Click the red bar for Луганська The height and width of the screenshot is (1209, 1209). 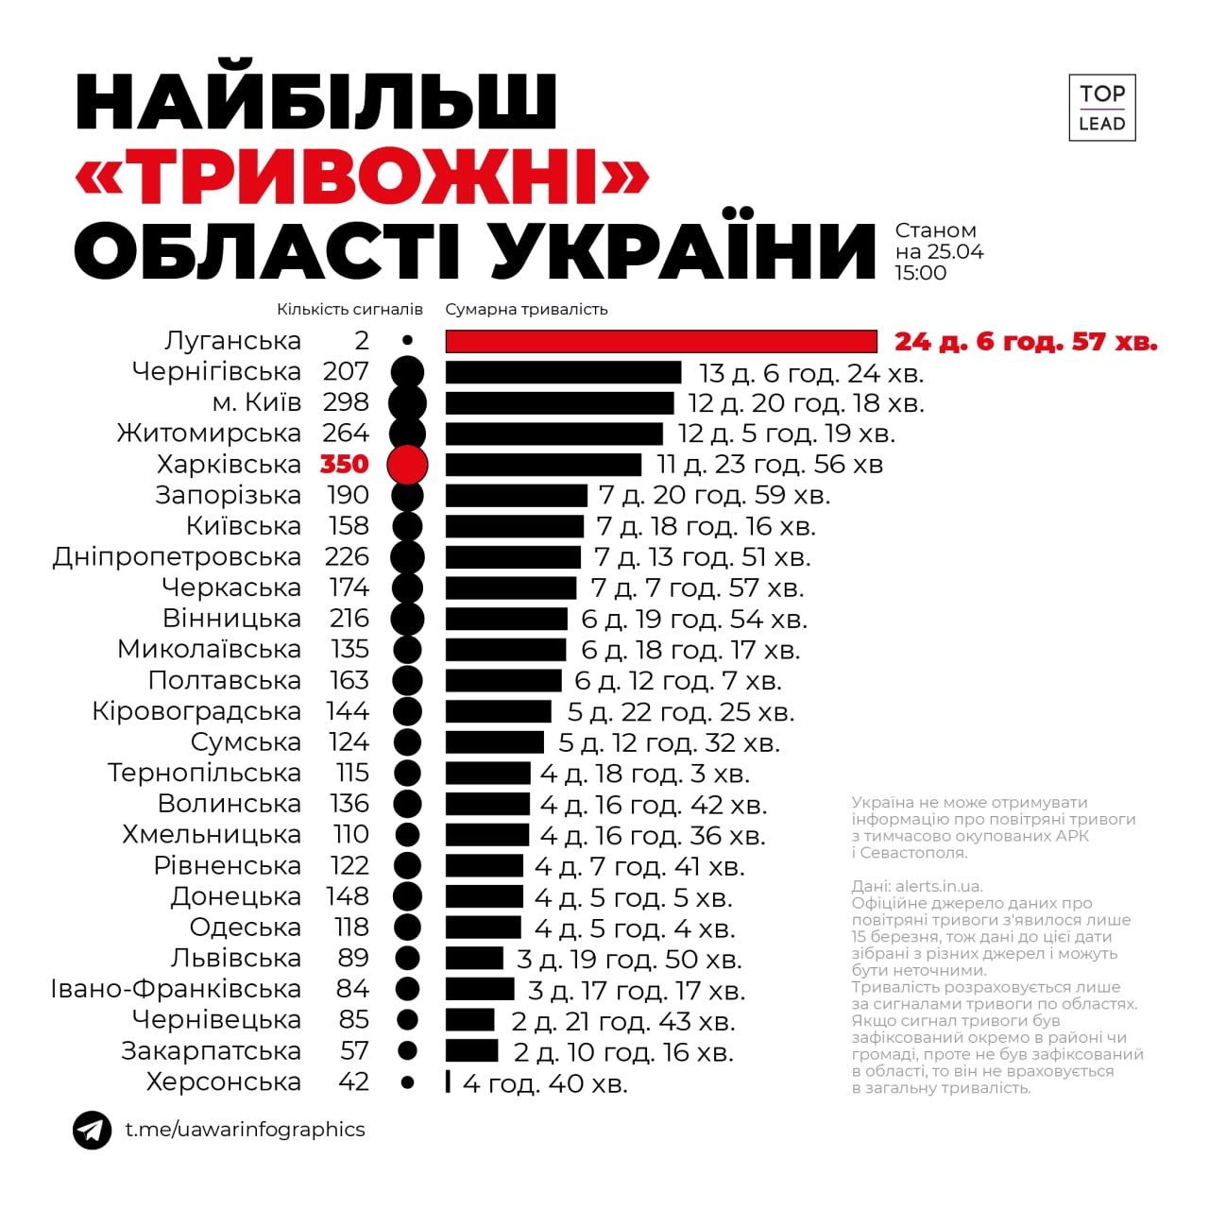[x=661, y=341]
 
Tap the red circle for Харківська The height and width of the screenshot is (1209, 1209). [x=407, y=465]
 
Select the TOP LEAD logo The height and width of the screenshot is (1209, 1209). [x=1101, y=108]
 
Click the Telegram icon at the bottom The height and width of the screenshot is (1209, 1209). [x=92, y=1130]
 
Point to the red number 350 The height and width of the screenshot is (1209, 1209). [x=344, y=465]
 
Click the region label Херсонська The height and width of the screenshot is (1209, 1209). [x=224, y=1082]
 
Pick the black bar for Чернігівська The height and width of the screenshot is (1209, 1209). [x=563, y=372]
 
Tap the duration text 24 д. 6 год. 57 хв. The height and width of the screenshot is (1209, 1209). [x=1026, y=341]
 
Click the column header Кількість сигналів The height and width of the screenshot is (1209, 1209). [x=349, y=310]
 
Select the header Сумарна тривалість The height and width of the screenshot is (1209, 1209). [x=526, y=310]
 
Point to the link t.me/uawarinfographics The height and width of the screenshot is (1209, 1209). [x=246, y=1130]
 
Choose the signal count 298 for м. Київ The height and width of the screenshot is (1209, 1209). [x=346, y=402]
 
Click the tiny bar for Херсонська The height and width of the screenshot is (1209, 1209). [x=448, y=1082]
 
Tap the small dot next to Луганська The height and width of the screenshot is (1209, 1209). [x=407, y=340]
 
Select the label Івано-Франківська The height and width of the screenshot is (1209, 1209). [x=176, y=990]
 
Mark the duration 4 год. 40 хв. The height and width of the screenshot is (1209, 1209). [x=545, y=1084]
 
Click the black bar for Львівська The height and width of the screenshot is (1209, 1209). [x=474, y=959]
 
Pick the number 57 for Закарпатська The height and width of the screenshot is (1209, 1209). [x=354, y=1051]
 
